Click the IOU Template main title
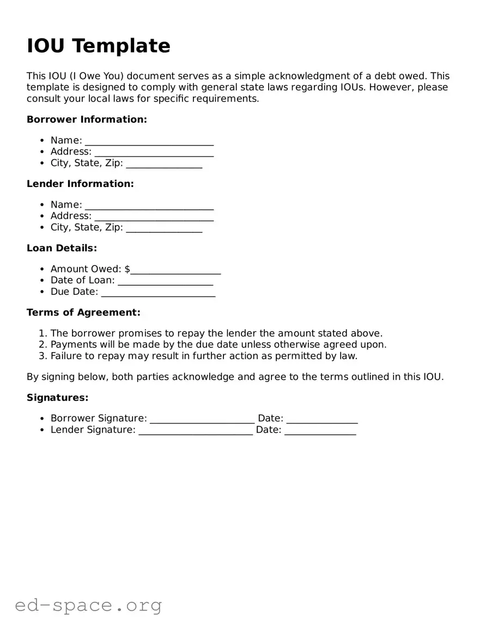(99, 46)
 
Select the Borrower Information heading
(87, 119)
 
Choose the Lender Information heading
(80, 184)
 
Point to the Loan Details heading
(62, 248)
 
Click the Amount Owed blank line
(175, 270)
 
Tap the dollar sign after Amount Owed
(127, 269)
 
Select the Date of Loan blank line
(165, 282)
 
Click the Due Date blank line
(158, 293)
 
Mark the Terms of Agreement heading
(83, 312)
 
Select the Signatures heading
(57, 398)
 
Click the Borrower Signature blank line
(202, 420)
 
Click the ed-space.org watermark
(88, 606)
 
